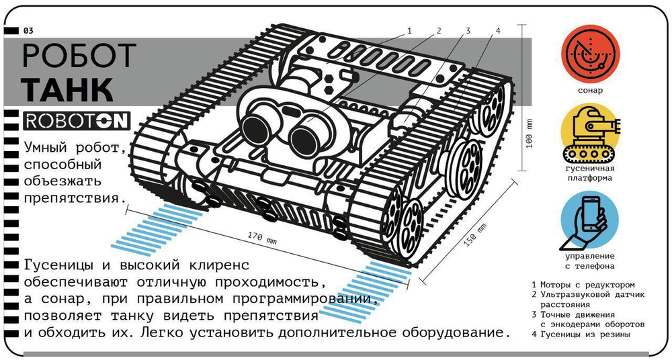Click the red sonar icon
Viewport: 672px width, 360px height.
pyautogui.click(x=591, y=54)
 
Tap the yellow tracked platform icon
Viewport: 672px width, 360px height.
pyautogui.click(x=591, y=132)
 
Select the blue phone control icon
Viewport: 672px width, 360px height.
pyautogui.click(x=590, y=220)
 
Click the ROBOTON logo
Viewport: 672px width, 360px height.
pyautogui.click(x=77, y=121)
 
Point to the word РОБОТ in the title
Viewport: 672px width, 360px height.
pyautogui.click(x=79, y=56)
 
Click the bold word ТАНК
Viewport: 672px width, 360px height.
pyautogui.click(x=68, y=89)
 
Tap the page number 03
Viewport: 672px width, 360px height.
pyautogui.click(x=28, y=31)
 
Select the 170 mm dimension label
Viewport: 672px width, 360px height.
pyautogui.click(x=262, y=238)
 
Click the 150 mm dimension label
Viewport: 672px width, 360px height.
pyautogui.click(x=475, y=235)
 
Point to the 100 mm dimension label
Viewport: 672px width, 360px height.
pyautogui.click(x=530, y=133)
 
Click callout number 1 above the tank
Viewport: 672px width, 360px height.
pyautogui.click(x=409, y=31)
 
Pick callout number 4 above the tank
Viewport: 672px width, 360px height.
pyautogui.click(x=497, y=31)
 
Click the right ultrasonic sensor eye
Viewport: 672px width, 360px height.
pyautogui.click(x=305, y=138)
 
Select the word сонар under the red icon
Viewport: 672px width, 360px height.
pyautogui.click(x=590, y=91)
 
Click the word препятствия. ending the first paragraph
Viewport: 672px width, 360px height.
pyautogui.click(x=75, y=198)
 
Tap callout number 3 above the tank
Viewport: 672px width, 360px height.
pyautogui.click(x=468, y=31)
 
